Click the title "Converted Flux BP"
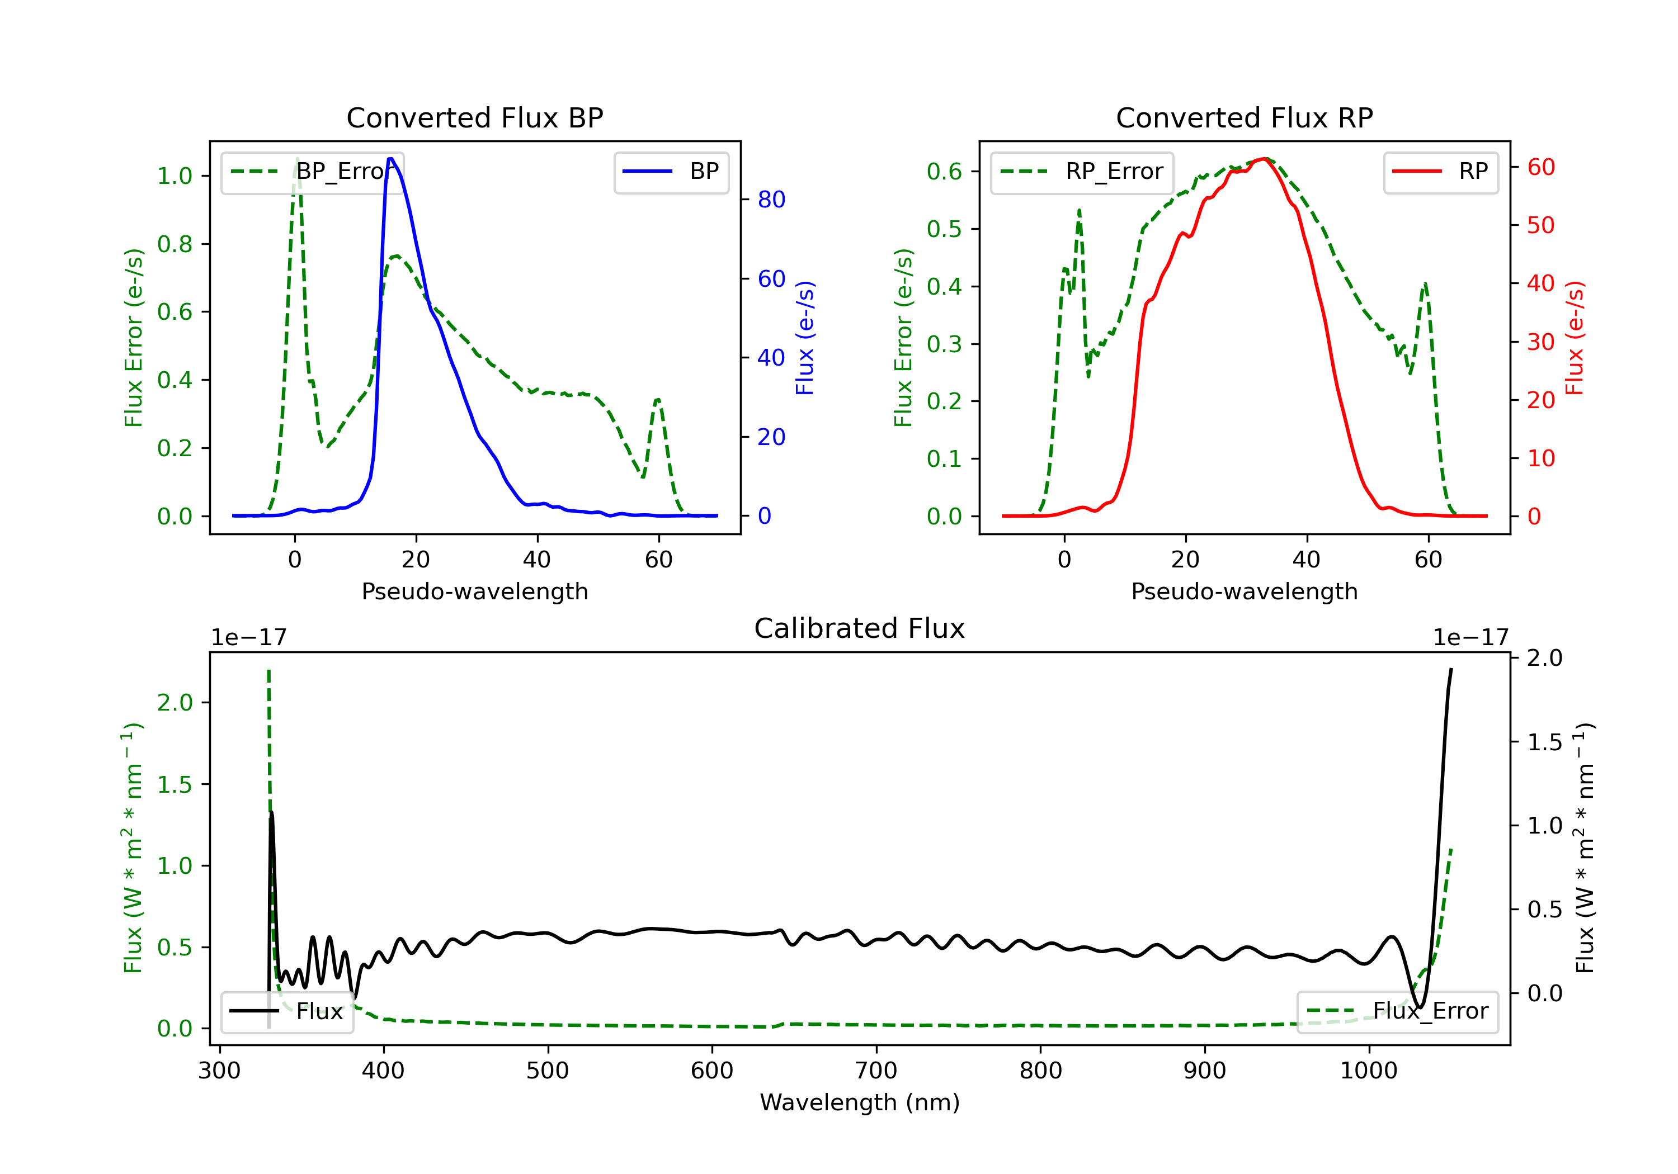click(x=474, y=117)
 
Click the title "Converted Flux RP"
click(x=1244, y=117)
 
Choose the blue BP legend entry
click(x=671, y=172)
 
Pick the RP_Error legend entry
click(x=1082, y=172)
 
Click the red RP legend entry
click(x=1440, y=172)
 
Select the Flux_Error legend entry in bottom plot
click(x=1397, y=1011)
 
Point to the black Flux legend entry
click(x=287, y=1011)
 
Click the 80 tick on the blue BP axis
click(x=771, y=200)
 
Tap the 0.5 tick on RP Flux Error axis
click(x=944, y=229)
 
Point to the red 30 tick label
click(x=1540, y=342)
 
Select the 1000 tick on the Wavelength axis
click(x=1368, y=1071)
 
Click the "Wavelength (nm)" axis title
click(x=860, y=1102)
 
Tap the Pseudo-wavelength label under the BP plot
click(x=474, y=591)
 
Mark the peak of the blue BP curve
click(x=391, y=159)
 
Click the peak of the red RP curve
click(x=1263, y=159)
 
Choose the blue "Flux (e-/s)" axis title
click(x=805, y=338)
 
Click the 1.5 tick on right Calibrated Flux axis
click(x=1544, y=742)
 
